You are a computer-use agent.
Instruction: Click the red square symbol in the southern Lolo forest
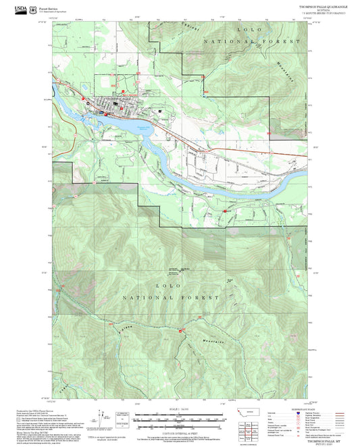coord(180,331)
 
